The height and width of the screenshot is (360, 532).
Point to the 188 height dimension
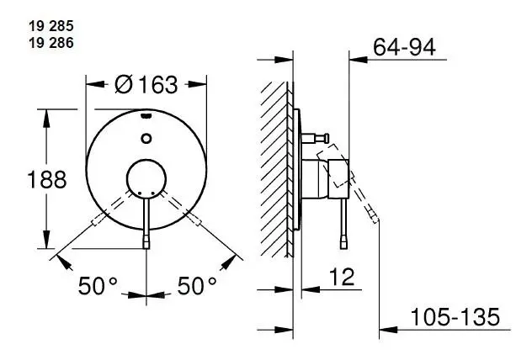tap(24, 179)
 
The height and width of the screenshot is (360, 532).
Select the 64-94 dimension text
tap(405, 48)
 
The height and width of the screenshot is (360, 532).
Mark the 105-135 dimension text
tap(455, 317)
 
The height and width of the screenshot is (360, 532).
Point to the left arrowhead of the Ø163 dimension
tap(90, 83)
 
